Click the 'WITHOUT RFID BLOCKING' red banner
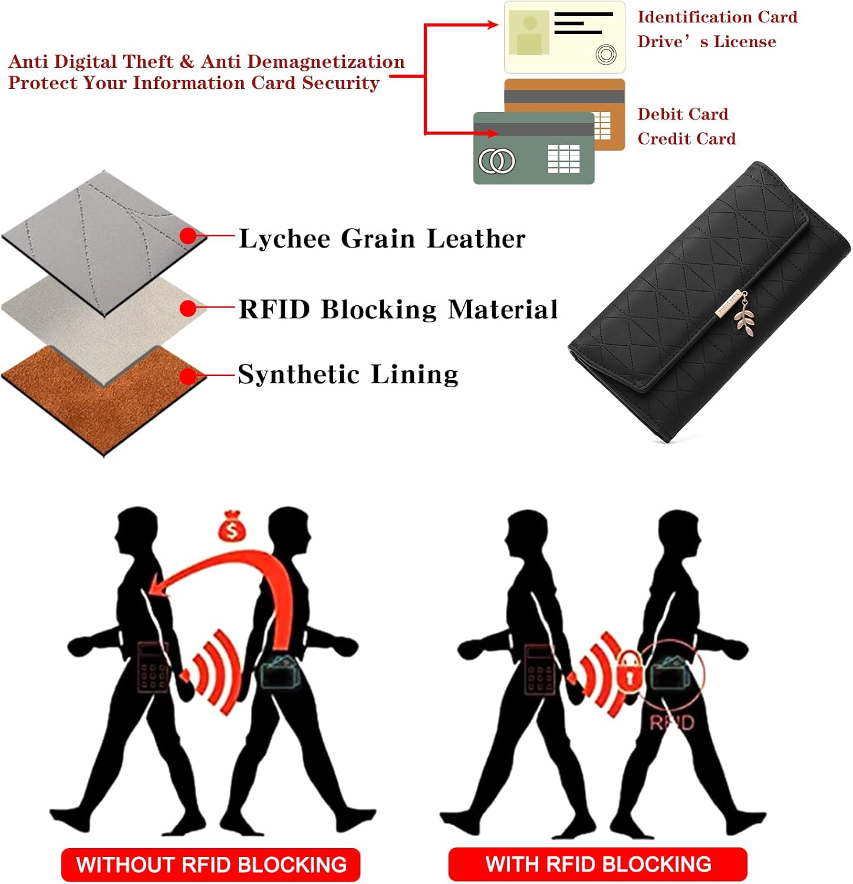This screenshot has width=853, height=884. tap(210, 865)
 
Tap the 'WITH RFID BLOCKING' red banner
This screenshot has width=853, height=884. tap(598, 864)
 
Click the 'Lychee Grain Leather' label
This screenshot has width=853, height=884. tap(381, 239)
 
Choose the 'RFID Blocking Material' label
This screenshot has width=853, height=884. tap(398, 309)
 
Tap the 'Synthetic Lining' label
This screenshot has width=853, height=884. tap(348, 374)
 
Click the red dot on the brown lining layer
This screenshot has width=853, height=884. tap(188, 376)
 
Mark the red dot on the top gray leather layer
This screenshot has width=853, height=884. tap(188, 236)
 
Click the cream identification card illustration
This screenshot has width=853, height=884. tap(564, 37)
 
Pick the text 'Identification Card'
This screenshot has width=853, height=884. tap(717, 17)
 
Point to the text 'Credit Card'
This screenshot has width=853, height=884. tap(686, 138)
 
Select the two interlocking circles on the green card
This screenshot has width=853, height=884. tap(496, 161)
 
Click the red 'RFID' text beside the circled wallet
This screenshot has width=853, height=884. tap(671, 722)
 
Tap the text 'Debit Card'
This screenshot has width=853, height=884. tap(682, 114)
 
